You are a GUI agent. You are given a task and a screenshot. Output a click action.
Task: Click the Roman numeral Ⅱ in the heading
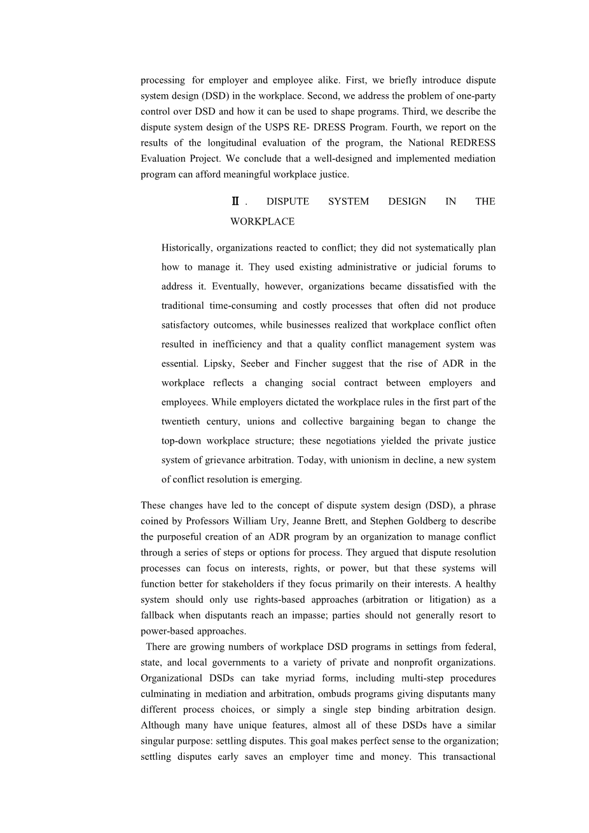point(235,202)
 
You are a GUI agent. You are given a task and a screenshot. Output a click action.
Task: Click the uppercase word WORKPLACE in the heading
point(262,222)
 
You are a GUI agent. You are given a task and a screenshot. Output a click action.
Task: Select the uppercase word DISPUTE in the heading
point(288,202)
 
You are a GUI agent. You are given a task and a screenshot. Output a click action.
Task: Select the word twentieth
point(182,422)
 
